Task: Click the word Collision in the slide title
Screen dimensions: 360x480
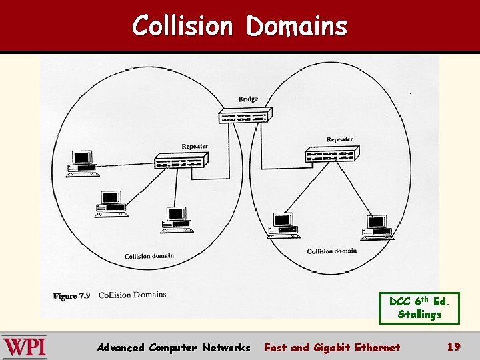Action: click(182, 26)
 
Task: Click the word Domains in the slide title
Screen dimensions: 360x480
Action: click(297, 26)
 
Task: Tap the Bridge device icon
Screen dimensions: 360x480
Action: click(244, 115)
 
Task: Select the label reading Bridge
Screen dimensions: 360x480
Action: click(248, 99)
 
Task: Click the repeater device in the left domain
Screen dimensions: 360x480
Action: click(181, 160)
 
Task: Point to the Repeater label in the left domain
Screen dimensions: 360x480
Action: click(195, 147)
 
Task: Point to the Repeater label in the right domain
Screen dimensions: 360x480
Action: click(339, 139)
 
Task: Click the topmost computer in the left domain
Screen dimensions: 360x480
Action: click(82, 163)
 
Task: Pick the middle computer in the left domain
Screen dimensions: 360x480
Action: click(111, 203)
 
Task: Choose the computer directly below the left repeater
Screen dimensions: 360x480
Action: click(177, 219)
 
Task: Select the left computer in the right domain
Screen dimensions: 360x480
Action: click(283, 225)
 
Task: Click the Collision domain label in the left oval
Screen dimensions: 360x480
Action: click(149, 256)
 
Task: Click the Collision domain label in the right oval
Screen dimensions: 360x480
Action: click(331, 251)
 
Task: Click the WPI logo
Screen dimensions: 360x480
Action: click(25, 347)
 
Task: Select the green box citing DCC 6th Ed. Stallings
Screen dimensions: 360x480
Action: click(419, 308)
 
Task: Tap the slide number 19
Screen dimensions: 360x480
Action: click(454, 347)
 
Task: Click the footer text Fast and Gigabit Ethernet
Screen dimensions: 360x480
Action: click(332, 347)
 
